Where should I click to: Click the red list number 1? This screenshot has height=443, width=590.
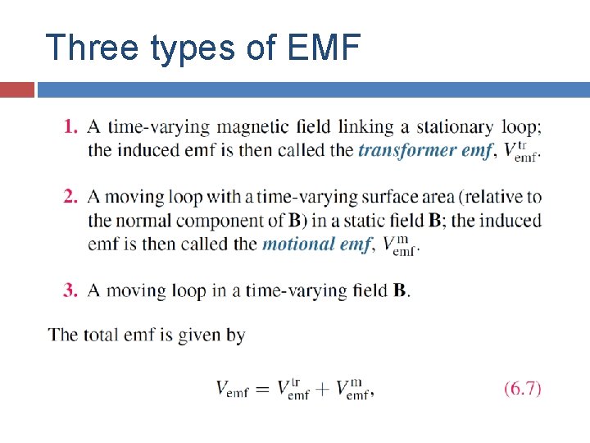coord(70,127)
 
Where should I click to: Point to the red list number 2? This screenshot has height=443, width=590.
coord(70,197)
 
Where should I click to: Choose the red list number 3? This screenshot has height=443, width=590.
coord(70,290)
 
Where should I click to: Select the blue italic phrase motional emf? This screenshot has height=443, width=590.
coord(316,244)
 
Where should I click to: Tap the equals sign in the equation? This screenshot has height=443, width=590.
coord(262,390)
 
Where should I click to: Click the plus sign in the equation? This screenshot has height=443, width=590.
coord(323,390)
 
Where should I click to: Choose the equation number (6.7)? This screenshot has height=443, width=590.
coord(522,389)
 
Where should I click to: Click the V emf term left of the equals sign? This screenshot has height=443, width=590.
coord(232,390)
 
